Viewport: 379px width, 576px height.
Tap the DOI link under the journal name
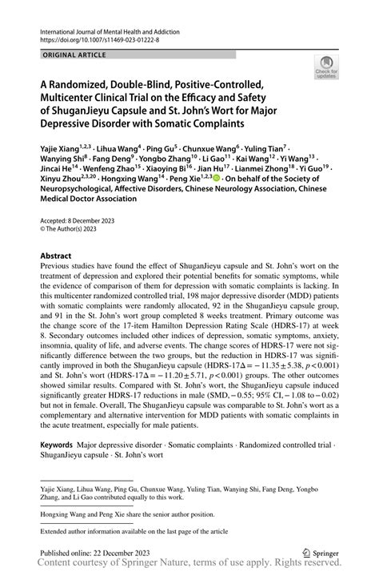pyautogui.click(x=95, y=37)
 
